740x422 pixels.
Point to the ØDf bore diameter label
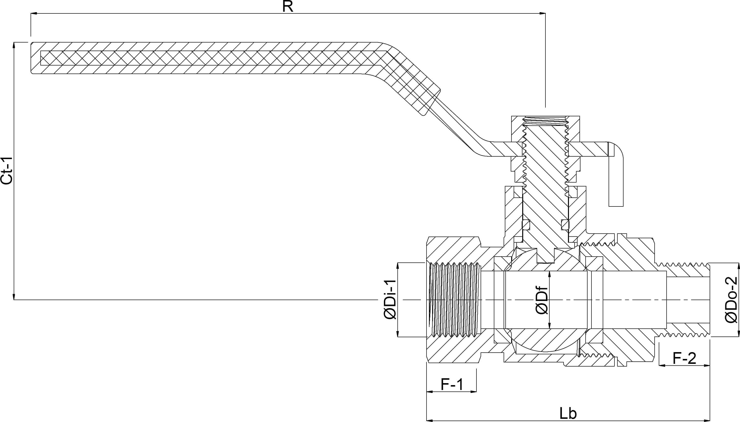coord(542,300)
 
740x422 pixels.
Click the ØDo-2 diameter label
coord(731,300)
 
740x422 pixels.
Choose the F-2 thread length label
coord(684,358)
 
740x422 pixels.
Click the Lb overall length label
coord(568,413)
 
